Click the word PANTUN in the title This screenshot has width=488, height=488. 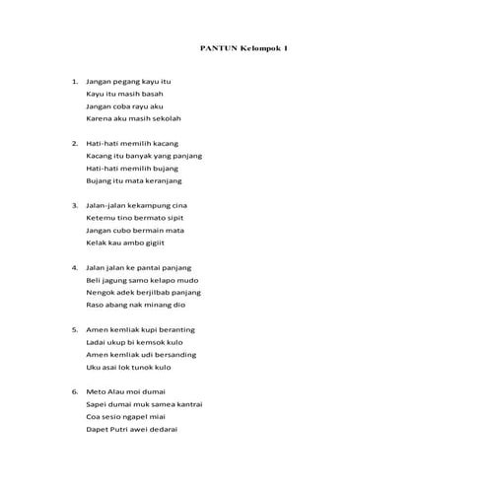tap(215, 47)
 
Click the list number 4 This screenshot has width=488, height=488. tap(74, 267)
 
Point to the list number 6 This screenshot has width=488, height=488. tap(74, 391)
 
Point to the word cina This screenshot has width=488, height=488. tap(175, 205)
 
